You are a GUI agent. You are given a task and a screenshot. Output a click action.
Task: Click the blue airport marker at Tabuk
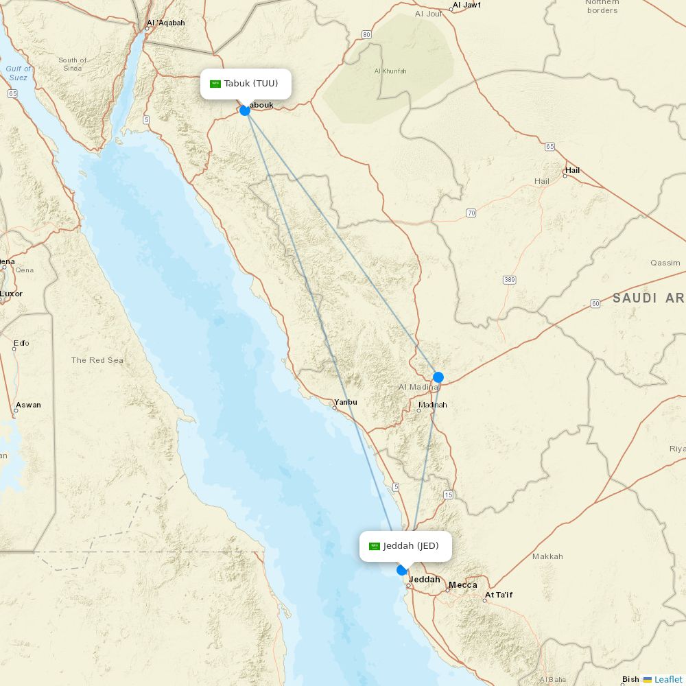(245, 110)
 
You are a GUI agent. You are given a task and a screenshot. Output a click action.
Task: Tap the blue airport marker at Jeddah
(402, 570)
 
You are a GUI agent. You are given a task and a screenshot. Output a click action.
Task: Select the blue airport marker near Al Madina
(438, 377)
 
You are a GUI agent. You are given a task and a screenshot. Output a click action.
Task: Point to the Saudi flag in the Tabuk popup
(215, 84)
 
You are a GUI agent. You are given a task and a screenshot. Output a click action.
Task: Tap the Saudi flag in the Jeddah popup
(375, 547)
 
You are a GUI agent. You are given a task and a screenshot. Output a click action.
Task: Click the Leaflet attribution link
(668, 679)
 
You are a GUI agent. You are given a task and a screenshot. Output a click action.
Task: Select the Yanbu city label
(345, 402)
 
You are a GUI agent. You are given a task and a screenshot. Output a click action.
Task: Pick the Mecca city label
(462, 585)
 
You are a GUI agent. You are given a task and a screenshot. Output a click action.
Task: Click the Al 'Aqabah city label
(165, 23)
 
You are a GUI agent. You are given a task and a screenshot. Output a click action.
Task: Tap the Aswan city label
(28, 405)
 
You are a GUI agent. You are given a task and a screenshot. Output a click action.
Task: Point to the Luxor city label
(11, 294)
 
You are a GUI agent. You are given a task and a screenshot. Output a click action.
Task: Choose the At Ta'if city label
(499, 595)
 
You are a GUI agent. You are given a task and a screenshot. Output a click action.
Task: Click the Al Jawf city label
(466, 5)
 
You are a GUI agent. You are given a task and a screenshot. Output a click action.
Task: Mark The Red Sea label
(97, 360)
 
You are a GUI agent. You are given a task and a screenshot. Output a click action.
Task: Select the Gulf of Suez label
(19, 73)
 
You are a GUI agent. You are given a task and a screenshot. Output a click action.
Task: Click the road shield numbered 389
(509, 280)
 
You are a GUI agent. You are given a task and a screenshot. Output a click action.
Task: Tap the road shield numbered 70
(471, 213)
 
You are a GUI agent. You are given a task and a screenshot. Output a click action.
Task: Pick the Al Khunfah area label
(390, 71)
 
